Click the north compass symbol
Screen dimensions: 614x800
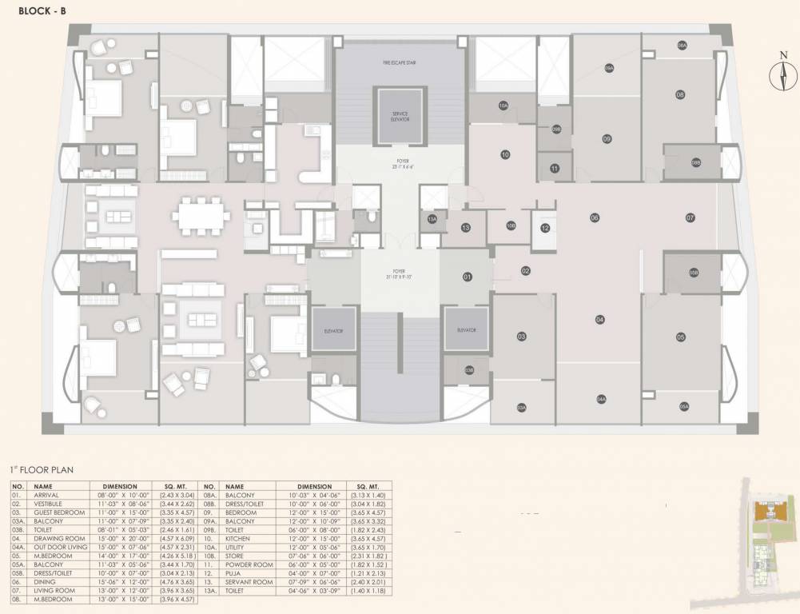click(x=782, y=77)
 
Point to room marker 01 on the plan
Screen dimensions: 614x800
click(x=468, y=277)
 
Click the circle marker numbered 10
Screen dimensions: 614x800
click(x=505, y=154)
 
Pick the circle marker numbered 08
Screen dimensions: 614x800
click(x=680, y=94)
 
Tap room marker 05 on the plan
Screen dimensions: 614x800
click(x=681, y=337)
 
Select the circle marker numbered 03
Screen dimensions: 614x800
click(x=521, y=337)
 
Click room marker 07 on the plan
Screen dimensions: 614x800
click(x=690, y=217)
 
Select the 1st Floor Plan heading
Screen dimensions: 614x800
click(x=41, y=470)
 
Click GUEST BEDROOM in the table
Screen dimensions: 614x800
click(x=59, y=512)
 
